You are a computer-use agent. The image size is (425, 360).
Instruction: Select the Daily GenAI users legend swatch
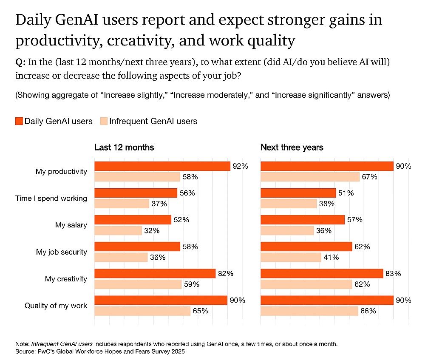coord(19,121)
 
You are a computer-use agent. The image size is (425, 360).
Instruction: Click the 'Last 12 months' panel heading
coord(124,147)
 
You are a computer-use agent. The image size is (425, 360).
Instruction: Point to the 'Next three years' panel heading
coord(292,147)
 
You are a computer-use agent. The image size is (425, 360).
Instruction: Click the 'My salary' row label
coord(71,225)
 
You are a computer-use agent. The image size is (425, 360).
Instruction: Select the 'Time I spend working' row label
coord(51,198)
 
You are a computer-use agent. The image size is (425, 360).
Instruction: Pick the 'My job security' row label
coord(61,252)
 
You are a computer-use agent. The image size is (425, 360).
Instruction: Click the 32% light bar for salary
coord(118,230)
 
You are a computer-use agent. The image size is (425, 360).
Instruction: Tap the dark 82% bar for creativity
coord(155,273)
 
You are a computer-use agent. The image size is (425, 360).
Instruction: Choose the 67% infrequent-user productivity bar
coord(310,177)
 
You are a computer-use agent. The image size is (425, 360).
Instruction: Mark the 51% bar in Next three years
coord(298,193)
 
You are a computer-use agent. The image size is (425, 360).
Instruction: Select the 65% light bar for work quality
coord(142,311)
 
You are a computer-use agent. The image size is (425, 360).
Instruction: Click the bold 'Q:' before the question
coord(20,62)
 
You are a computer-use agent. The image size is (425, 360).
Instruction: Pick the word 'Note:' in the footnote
coord(23,344)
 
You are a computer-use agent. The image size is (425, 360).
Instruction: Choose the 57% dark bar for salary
coord(302,220)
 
